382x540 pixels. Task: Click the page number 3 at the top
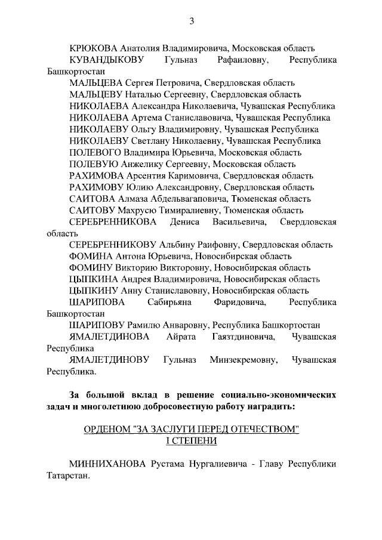pos(192,22)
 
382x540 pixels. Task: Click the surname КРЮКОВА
pos(94,48)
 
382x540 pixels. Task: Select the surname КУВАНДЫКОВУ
pos(106,60)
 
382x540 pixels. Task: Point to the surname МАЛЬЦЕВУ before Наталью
pos(95,95)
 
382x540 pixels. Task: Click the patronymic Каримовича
pos(191,176)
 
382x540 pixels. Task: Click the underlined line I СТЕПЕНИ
pos(191,442)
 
